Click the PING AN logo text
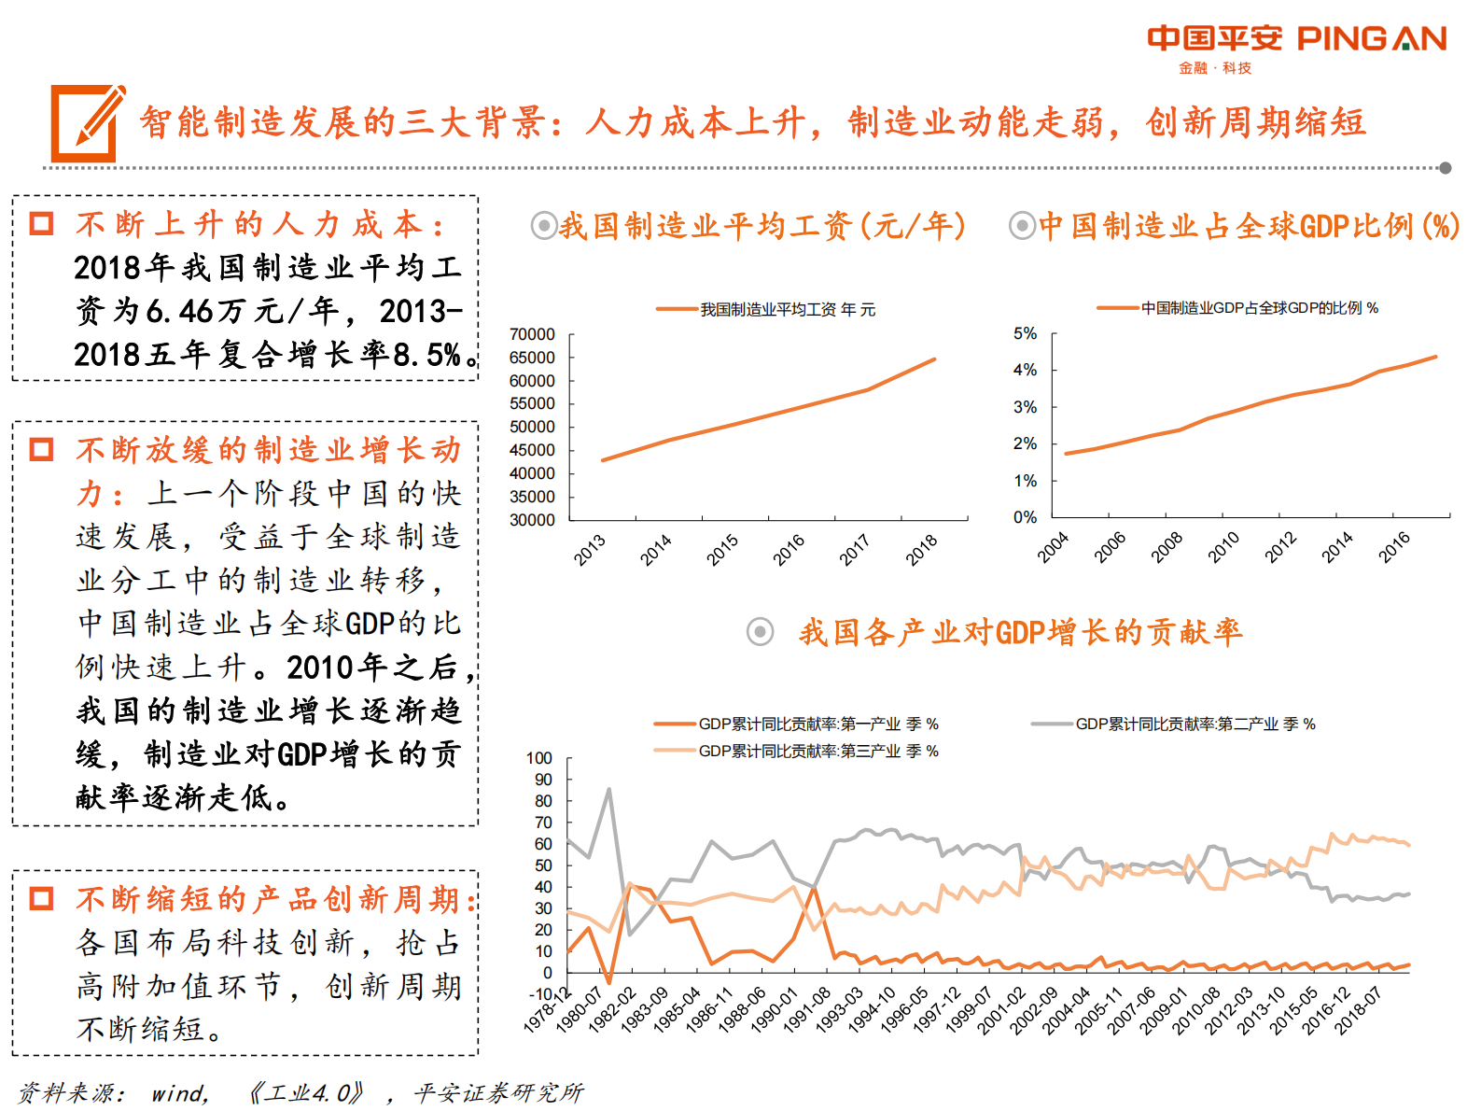(x=1371, y=38)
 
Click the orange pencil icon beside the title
(x=87, y=122)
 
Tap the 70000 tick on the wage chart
(x=532, y=334)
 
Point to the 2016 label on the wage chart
(x=789, y=550)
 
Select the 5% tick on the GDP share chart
(x=1025, y=333)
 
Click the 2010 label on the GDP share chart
(x=1223, y=547)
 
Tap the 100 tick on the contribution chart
(x=539, y=758)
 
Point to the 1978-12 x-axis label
(x=548, y=1010)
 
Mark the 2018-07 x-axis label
(x=1358, y=1010)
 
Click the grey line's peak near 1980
(x=609, y=790)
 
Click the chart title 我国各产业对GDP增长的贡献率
(x=1020, y=632)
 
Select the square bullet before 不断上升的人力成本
(x=42, y=224)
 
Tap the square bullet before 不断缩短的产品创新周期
(x=42, y=899)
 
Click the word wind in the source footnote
(x=179, y=1092)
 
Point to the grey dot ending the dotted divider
(x=1445, y=168)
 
